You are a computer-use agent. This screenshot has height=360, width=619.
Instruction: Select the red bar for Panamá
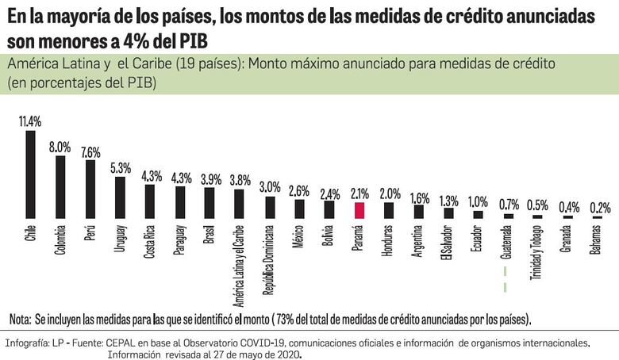point(359,210)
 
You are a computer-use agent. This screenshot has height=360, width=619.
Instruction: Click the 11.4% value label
point(29,121)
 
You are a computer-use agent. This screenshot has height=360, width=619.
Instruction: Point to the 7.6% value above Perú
point(90,151)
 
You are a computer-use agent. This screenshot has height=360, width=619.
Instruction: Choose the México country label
point(299,239)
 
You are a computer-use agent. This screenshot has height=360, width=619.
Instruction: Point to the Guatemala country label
point(507,246)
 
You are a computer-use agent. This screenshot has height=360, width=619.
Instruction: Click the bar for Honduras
point(389,210)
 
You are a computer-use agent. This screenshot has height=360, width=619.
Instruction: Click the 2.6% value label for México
point(299,191)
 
